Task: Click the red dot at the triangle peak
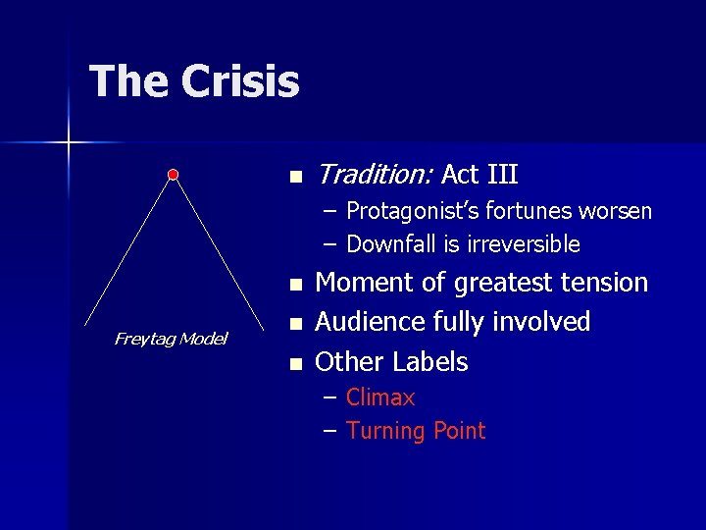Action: pyautogui.click(x=173, y=175)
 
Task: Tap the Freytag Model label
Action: pyautogui.click(x=171, y=339)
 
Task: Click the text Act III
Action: pyautogui.click(x=479, y=175)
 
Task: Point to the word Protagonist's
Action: pyautogui.click(x=412, y=211)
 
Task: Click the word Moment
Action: pyautogui.click(x=360, y=283)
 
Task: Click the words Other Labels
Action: pyautogui.click(x=391, y=361)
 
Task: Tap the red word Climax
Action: pyautogui.click(x=380, y=397)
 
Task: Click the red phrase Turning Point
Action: pyautogui.click(x=416, y=431)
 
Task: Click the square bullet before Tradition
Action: pyautogui.click(x=294, y=178)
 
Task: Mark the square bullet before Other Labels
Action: pyautogui.click(x=294, y=364)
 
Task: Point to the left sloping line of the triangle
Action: pyautogui.click(x=127, y=250)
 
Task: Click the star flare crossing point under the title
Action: pyautogui.click(x=69, y=143)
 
